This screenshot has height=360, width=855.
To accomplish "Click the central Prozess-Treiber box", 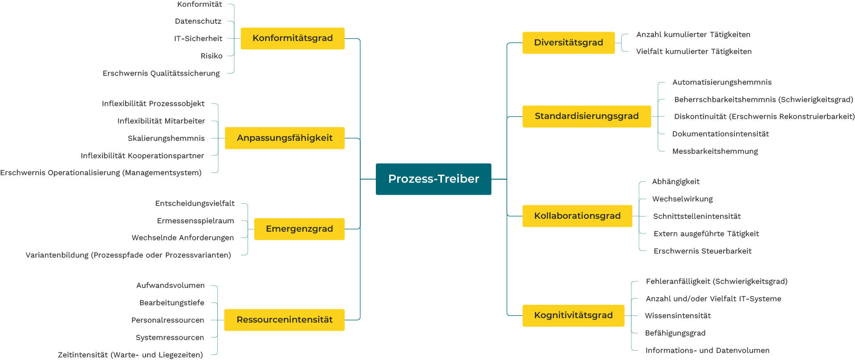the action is click(x=433, y=179).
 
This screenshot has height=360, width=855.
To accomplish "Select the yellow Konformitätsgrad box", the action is click(x=293, y=38).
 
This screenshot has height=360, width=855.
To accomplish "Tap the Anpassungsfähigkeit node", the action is click(x=285, y=138).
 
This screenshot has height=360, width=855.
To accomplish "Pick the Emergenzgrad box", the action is click(x=299, y=229).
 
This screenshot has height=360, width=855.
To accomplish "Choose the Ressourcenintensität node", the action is click(x=284, y=320).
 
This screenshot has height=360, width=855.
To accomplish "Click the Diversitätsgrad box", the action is click(x=569, y=43).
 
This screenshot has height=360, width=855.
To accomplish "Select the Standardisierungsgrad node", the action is click(x=586, y=116).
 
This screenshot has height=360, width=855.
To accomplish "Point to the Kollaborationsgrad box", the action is click(x=577, y=216).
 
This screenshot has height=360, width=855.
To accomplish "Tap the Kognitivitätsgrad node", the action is click(x=573, y=315).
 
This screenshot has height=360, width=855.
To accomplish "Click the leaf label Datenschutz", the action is click(x=198, y=21).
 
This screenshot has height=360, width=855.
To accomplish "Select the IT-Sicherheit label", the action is click(x=198, y=39).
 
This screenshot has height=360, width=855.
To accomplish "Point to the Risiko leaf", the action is click(x=212, y=56).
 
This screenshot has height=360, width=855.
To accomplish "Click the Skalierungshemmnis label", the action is click(x=166, y=139).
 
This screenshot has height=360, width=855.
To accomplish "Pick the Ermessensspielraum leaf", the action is click(x=195, y=221).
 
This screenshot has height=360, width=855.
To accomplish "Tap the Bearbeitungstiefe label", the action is click(x=172, y=303).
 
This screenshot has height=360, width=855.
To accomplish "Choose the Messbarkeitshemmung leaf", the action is click(x=715, y=151).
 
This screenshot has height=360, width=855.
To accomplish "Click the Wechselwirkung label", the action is click(x=683, y=199).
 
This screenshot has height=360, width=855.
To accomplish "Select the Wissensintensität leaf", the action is click(x=678, y=316).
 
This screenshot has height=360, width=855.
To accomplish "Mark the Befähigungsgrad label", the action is click(x=675, y=333).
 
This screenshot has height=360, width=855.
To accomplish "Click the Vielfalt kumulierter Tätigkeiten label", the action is click(x=694, y=52).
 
